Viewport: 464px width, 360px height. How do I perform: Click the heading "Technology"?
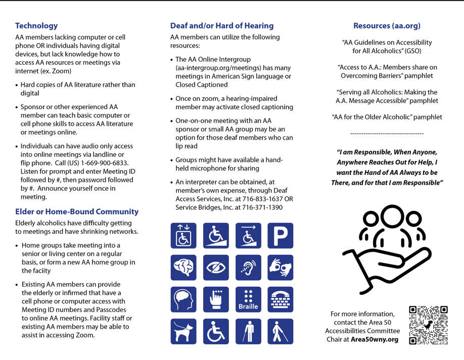click(36, 26)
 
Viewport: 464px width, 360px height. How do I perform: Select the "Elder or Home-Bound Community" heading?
click(77, 212)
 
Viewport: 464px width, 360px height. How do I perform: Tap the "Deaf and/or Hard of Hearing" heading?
click(222, 26)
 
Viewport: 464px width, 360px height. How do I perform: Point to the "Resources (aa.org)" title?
click(387, 26)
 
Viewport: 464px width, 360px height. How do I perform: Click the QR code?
click(429, 325)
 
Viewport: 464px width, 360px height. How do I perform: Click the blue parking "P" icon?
click(281, 236)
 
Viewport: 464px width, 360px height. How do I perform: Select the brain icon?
click(183, 268)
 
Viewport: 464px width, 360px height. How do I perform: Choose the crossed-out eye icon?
click(216, 268)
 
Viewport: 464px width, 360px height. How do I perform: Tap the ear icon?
click(248, 268)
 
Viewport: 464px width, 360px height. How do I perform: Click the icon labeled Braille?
click(248, 300)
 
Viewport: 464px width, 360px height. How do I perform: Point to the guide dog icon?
click(183, 332)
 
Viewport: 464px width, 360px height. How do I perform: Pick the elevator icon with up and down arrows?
click(183, 236)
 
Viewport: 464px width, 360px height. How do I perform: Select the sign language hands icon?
click(281, 268)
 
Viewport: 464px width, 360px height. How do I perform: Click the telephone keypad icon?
click(281, 300)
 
